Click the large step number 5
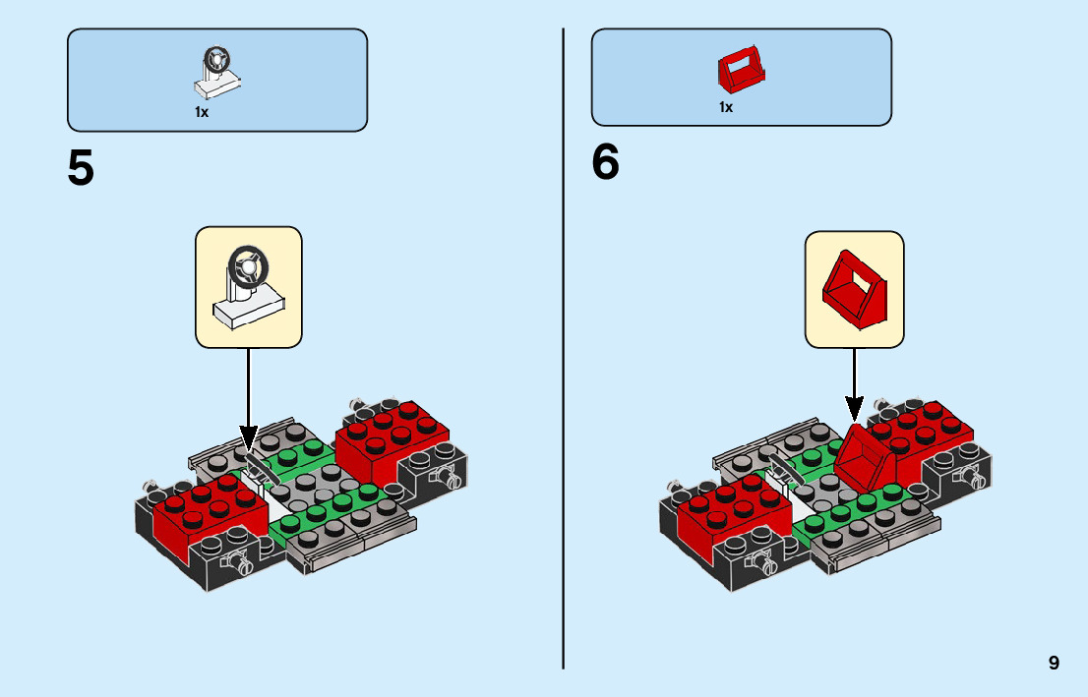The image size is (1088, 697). pos(81,168)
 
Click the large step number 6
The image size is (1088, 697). pos(605,162)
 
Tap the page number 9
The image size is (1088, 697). pos(1054,663)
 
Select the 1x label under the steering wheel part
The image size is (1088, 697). pos(202,112)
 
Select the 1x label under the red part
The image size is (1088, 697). pos(726,107)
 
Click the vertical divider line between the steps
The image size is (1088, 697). pos(563,393)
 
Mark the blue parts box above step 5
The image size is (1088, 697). pos(217,79)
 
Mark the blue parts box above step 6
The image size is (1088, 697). pos(741,77)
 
